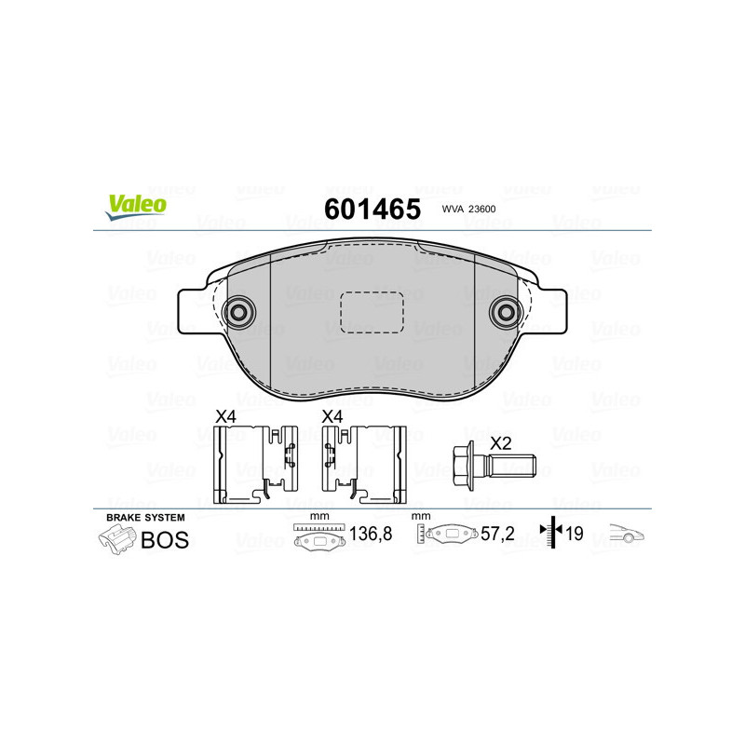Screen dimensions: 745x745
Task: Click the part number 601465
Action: pyautogui.click(x=372, y=210)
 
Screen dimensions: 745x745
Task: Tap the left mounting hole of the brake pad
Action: pyautogui.click(x=240, y=313)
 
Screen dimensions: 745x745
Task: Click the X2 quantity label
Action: pyautogui.click(x=501, y=443)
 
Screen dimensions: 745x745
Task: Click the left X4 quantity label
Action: pyautogui.click(x=226, y=417)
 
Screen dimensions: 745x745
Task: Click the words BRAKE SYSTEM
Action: pyautogui.click(x=145, y=517)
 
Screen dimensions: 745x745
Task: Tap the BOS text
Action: pyautogui.click(x=164, y=539)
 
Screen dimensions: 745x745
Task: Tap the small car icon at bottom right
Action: pyautogui.click(x=627, y=535)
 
